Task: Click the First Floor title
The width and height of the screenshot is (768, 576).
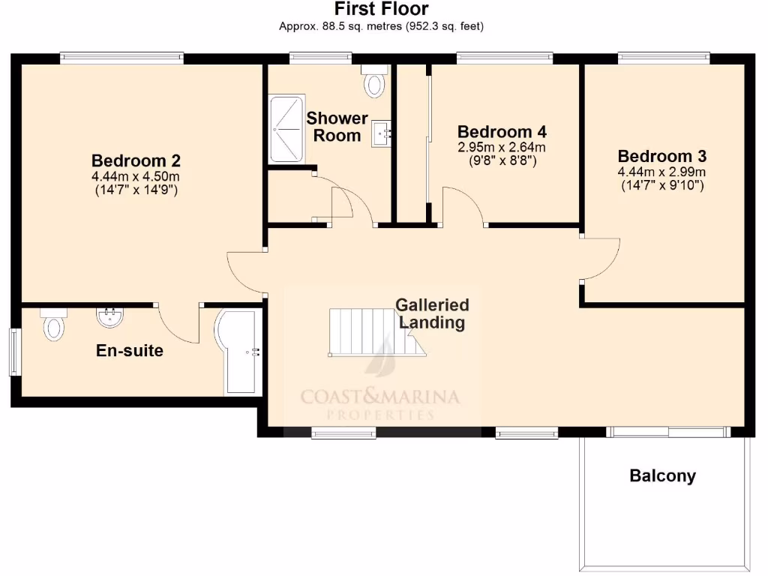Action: pyautogui.click(x=381, y=10)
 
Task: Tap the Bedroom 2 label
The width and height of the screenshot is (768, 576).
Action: pyautogui.click(x=136, y=160)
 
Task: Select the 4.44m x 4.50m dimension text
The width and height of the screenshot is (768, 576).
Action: pyautogui.click(x=136, y=176)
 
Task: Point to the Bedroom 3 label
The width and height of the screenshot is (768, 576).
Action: pyautogui.click(x=662, y=156)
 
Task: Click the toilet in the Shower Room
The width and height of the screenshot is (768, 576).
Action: pyautogui.click(x=373, y=80)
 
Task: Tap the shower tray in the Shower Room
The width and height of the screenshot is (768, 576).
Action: pyautogui.click(x=287, y=128)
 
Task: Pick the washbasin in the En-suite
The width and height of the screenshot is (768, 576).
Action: pyautogui.click(x=110, y=317)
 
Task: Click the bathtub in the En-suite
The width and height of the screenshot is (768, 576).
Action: pyautogui.click(x=239, y=352)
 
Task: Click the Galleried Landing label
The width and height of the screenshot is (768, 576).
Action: pyautogui.click(x=432, y=313)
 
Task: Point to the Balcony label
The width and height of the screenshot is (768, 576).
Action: pyautogui.click(x=662, y=475)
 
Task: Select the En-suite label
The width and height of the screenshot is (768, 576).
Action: pyautogui.click(x=130, y=350)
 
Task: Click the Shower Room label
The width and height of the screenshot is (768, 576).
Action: pyautogui.click(x=337, y=127)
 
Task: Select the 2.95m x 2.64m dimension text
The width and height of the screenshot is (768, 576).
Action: pyautogui.click(x=502, y=147)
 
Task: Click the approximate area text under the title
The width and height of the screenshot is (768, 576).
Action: pyautogui.click(x=381, y=26)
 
